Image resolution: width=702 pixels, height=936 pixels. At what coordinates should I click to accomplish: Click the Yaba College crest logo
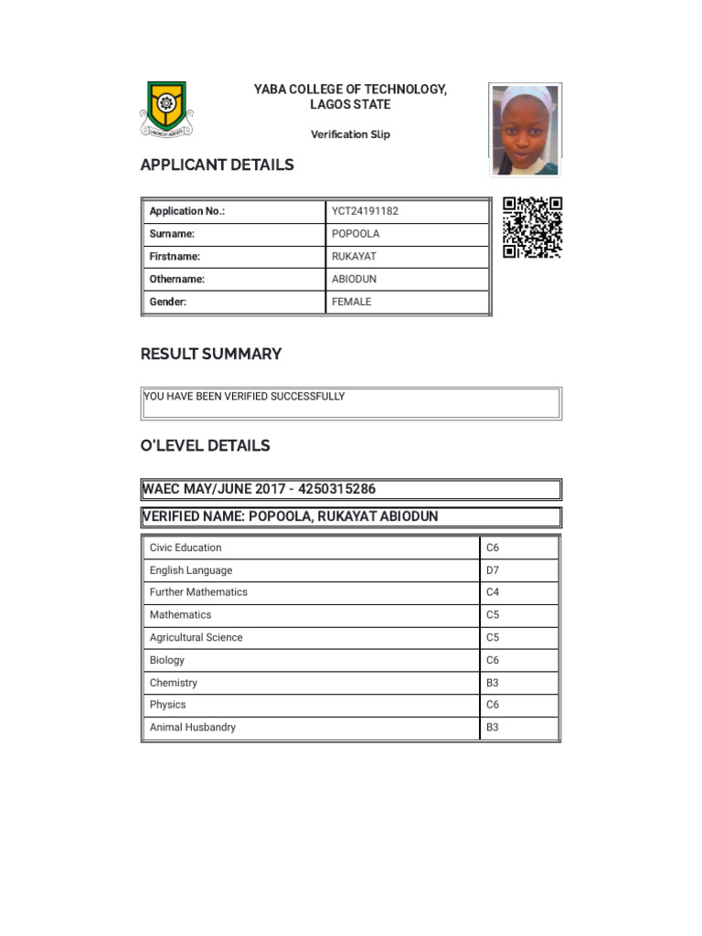coord(166,109)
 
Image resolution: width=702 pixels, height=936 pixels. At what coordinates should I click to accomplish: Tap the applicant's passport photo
coord(525,130)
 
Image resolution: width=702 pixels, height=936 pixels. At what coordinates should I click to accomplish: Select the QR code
coord(532,228)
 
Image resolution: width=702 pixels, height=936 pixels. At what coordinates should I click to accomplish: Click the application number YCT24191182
coord(365,211)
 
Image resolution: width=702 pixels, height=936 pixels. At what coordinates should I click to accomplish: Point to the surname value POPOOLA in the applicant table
coord(356,234)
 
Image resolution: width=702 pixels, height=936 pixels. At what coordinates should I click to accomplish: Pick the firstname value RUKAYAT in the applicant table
coord(354,257)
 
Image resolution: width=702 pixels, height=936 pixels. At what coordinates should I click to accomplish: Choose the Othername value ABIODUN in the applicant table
coord(354,279)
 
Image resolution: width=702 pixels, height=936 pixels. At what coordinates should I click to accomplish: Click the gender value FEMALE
coord(352,302)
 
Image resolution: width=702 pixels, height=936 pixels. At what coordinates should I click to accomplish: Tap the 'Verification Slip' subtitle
coord(350,134)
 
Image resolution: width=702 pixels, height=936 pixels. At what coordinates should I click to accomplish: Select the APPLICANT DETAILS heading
coord(217,165)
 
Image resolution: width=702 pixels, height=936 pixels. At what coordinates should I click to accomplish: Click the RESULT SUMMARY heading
coord(210,354)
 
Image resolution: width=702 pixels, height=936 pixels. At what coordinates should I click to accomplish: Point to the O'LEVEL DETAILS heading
coord(205,446)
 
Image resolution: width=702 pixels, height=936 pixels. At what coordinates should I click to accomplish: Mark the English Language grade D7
coord(493,570)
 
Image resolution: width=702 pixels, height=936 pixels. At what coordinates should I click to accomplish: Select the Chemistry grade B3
coord(493,683)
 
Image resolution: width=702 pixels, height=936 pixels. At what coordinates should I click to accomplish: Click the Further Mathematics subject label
coord(198,592)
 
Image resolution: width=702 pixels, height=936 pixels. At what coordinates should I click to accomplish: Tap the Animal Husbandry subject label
coord(192,728)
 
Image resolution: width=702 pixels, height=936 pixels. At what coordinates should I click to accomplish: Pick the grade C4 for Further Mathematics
coord(493,592)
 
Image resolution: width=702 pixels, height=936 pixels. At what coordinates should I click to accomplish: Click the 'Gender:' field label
coord(168,302)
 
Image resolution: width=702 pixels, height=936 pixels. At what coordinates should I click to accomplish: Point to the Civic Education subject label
coord(186,548)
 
